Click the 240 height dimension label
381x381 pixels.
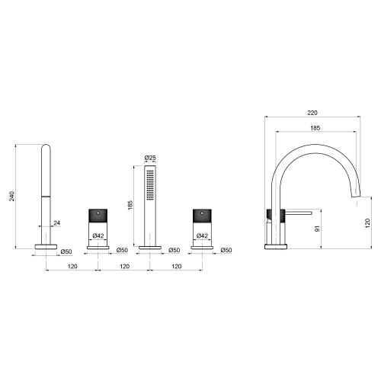coord(12,196)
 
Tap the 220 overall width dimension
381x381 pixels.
coord(312,113)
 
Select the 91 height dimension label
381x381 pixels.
coord(317,229)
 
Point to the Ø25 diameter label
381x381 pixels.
coord(150,158)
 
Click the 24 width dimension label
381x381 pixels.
coord(57,223)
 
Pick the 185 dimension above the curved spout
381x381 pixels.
coord(315,128)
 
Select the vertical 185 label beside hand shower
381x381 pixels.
coord(130,205)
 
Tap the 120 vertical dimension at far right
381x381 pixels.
coord(367,223)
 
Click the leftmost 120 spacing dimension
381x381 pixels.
coord(72,267)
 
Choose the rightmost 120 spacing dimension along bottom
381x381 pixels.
coord(177,267)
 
